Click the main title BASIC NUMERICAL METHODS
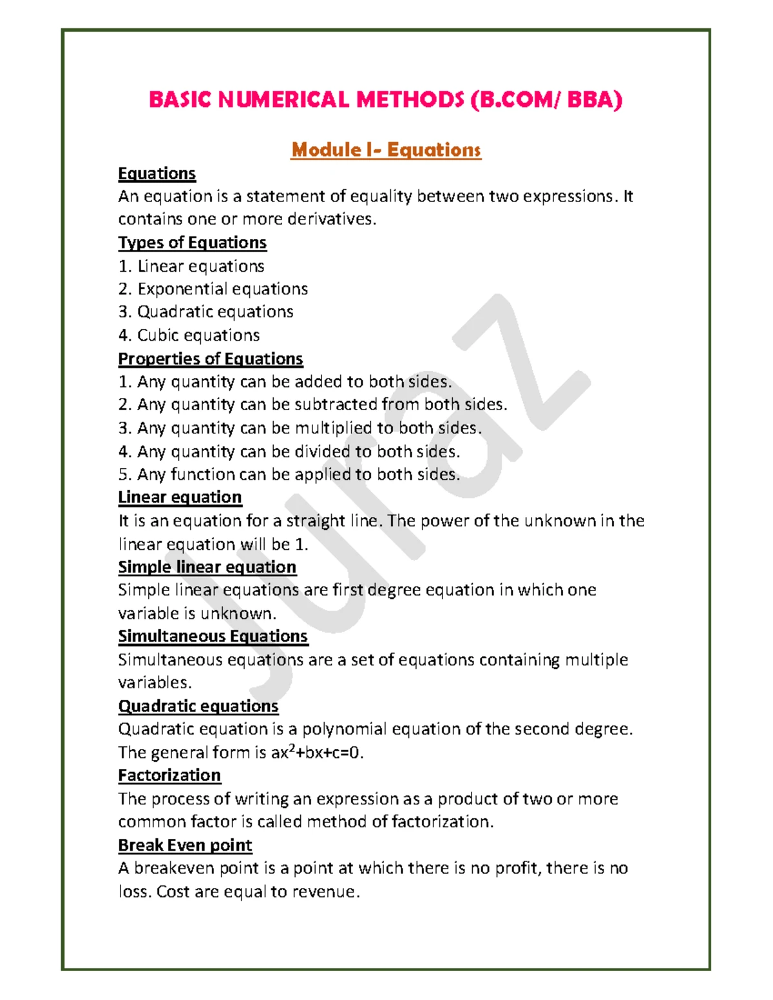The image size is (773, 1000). (385, 100)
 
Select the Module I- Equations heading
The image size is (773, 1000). (385, 150)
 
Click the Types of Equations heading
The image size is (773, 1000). (192, 243)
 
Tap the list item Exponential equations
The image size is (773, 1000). (222, 289)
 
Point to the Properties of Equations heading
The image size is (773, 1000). (211, 359)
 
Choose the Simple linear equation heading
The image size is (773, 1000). (207, 567)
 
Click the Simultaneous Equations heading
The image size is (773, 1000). (213, 636)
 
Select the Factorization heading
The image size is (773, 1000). (169, 775)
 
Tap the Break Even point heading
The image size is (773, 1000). (185, 845)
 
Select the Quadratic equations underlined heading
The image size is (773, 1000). (198, 706)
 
